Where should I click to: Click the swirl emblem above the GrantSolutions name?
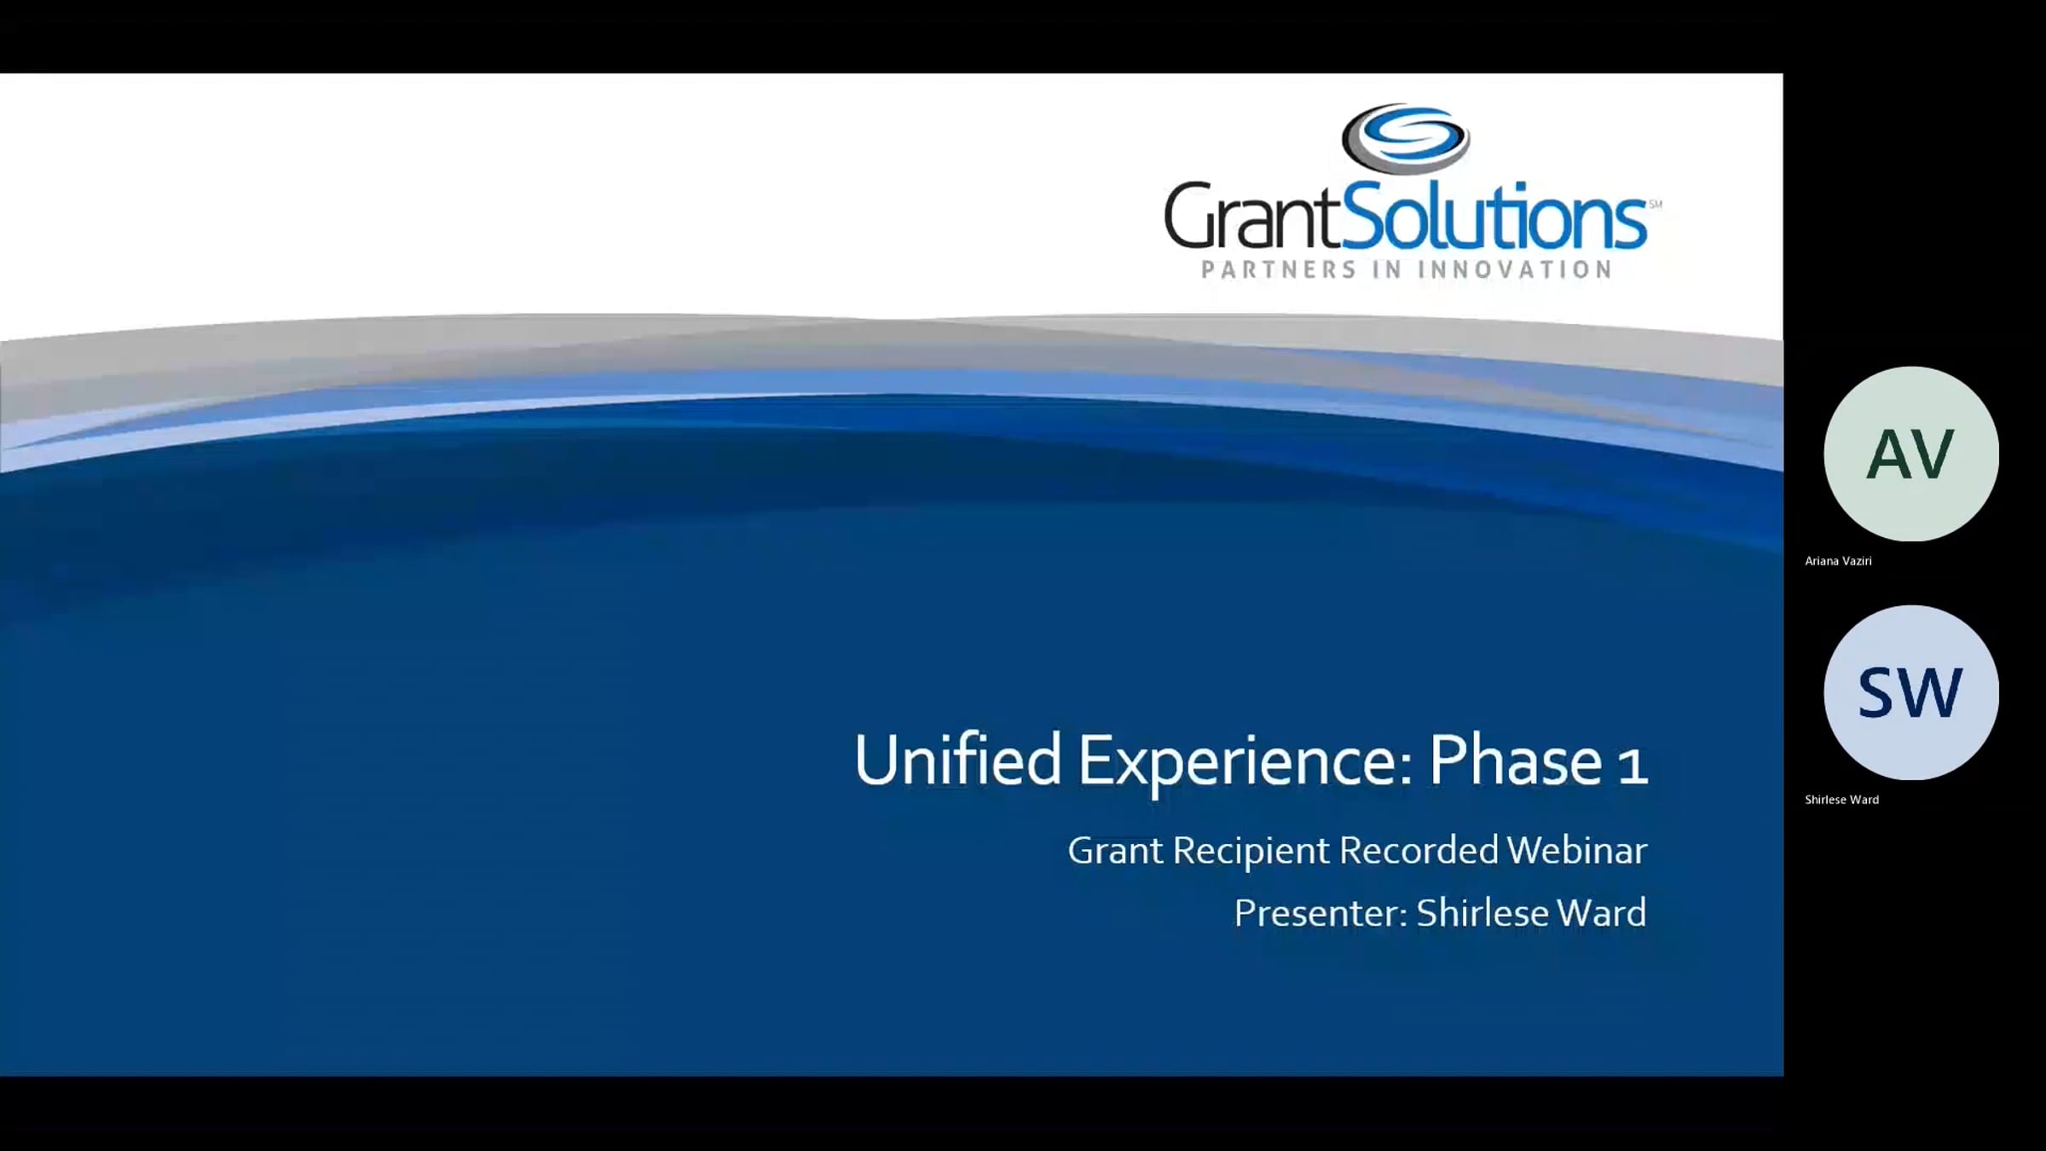tap(1405, 138)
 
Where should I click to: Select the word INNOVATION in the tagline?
tap(1514, 269)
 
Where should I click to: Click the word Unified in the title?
tap(957, 760)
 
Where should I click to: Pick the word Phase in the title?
tap(1515, 760)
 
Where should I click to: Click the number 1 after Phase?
tap(1632, 765)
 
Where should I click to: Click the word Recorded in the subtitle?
tap(1419, 850)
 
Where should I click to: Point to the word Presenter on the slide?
tap(1321, 913)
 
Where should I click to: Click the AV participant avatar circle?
tap(1911, 454)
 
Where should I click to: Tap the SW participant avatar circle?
tap(1911, 692)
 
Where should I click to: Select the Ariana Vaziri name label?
tap(1838, 561)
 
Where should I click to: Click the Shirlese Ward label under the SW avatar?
tap(1841, 800)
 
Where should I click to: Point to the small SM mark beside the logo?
tap(1655, 204)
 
